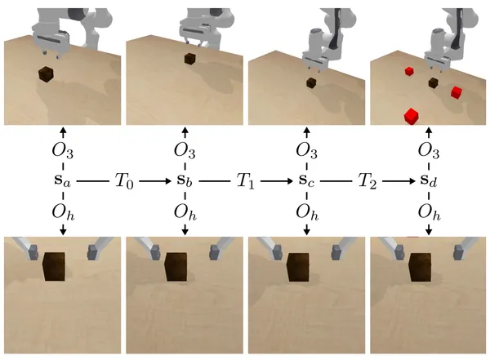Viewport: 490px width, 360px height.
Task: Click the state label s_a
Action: click(x=63, y=181)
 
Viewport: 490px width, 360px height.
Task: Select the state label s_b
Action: click(x=185, y=180)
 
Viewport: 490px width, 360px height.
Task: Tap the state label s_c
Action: click(x=306, y=181)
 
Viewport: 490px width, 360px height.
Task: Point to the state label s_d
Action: click(x=429, y=180)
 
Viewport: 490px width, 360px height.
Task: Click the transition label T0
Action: click(x=124, y=181)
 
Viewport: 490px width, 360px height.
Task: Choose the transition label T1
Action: click(x=246, y=181)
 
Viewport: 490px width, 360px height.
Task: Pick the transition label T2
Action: click(x=367, y=181)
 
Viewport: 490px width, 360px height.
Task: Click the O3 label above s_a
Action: click(x=63, y=151)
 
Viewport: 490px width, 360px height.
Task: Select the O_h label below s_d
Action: click(x=429, y=212)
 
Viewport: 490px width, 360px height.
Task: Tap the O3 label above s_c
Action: click(x=307, y=151)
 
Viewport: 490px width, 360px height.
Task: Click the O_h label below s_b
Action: click(x=185, y=212)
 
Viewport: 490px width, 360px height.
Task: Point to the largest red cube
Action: click(x=412, y=116)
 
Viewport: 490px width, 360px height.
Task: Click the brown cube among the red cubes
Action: click(x=433, y=82)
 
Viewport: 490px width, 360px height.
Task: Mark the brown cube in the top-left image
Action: click(x=46, y=74)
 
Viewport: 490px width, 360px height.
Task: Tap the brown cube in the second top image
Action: click(x=189, y=59)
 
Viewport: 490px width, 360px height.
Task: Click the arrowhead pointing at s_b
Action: click(x=169, y=181)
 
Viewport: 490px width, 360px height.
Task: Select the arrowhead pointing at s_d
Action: click(x=412, y=181)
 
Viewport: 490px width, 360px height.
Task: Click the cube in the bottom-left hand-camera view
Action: click(x=54, y=266)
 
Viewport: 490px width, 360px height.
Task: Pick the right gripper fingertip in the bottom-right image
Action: click(x=458, y=252)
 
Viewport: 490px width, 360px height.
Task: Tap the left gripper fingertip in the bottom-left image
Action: click(x=33, y=252)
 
